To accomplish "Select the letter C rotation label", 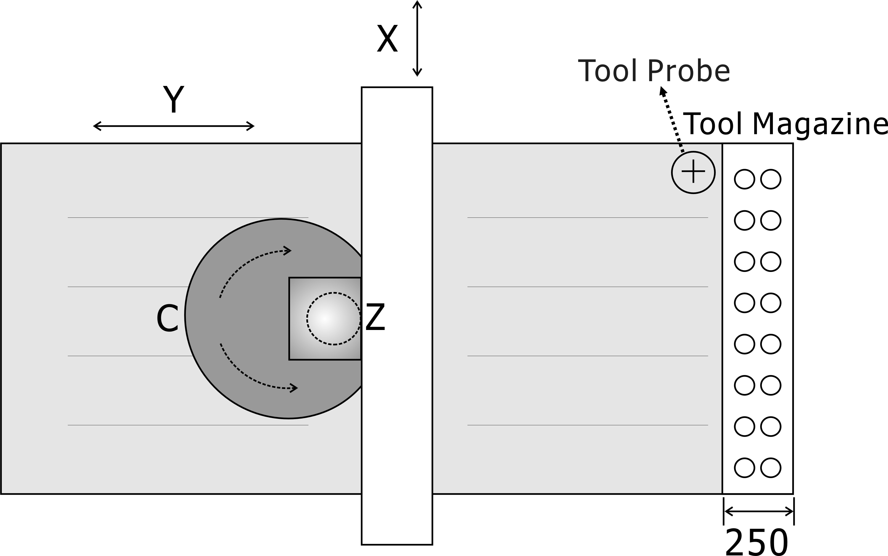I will pyautogui.click(x=167, y=319).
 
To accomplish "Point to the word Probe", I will pyautogui.click(x=688, y=71).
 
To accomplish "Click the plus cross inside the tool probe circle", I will pyautogui.click(x=693, y=171).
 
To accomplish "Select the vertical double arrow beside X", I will pyautogui.click(x=417, y=38).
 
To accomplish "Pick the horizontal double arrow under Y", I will pyautogui.click(x=173, y=126).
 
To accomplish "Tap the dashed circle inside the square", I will pyautogui.click(x=334, y=318).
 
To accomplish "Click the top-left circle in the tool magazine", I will pyautogui.click(x=744, y=179).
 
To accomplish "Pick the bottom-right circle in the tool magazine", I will pyautogui.click(x=770, y=468).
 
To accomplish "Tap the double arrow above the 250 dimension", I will pyautogui.click(x=759, y=512).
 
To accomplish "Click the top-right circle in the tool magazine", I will pyautogui.click(x=770, y=179).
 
